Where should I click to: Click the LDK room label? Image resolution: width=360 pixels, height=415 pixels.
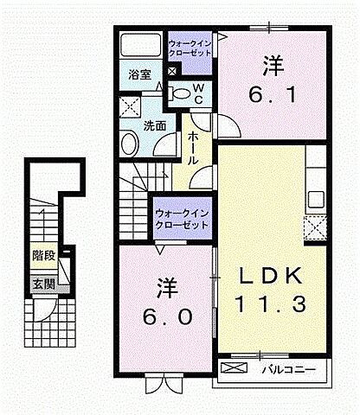[270, 276]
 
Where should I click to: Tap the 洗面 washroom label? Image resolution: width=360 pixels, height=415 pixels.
[155, 124]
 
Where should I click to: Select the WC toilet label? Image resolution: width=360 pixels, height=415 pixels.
[198, 93]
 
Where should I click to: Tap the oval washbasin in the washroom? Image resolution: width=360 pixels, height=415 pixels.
[130, 144]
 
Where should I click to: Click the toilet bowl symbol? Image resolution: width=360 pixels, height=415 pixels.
[180, 92]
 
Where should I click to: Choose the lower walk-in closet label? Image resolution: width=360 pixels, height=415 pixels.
[182, 219]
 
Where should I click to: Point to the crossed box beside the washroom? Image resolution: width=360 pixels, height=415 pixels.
[132, 108]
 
